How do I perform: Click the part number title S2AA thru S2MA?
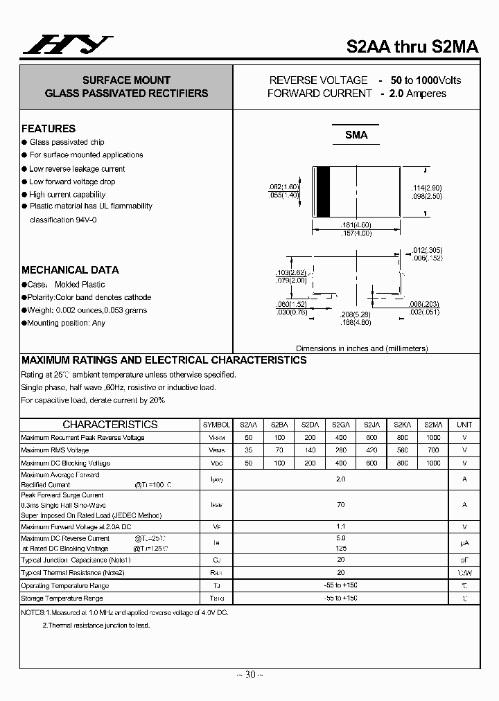pyautogui.click(x=412, y=47)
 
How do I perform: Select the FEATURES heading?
pyautogui.click(x=49, y=129)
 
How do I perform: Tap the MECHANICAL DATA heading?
pyautogui.click(x=70, y=270)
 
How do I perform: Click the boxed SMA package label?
pyautogui.click(x=356, y=136)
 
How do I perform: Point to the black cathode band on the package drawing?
pyautogui.click(x=322, y=193)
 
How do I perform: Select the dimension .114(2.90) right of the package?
pyautogui.click(x=427, y=188)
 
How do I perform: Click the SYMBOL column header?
pyautogui.click(x=216, y=425)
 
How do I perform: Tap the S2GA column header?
pyautogui.click(x=341, y=425)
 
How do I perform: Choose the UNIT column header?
pyautogui.click(x=464, y=425)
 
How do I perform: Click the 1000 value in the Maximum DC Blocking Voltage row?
pyautogui.click(x=433, y=463)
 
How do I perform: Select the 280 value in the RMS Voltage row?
pyautogui.click(x=341, y=450)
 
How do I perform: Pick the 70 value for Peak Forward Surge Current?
pyautogui.click(x=341, y=505)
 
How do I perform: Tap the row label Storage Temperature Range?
pyautogui.click(x=62, y=598)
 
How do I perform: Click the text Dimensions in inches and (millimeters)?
pyautogui.click(x=362, y=348)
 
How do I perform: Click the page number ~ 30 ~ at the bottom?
pyautogui.click(x=249, y=675)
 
